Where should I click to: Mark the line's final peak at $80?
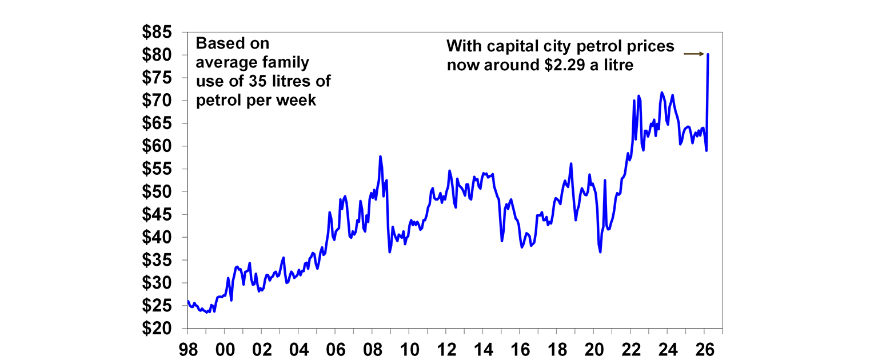[x=708, y=54]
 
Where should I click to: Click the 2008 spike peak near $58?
[x=380, y=156]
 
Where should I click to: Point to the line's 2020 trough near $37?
[x=600, y=252]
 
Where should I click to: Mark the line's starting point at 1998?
[x=187, y=301]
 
